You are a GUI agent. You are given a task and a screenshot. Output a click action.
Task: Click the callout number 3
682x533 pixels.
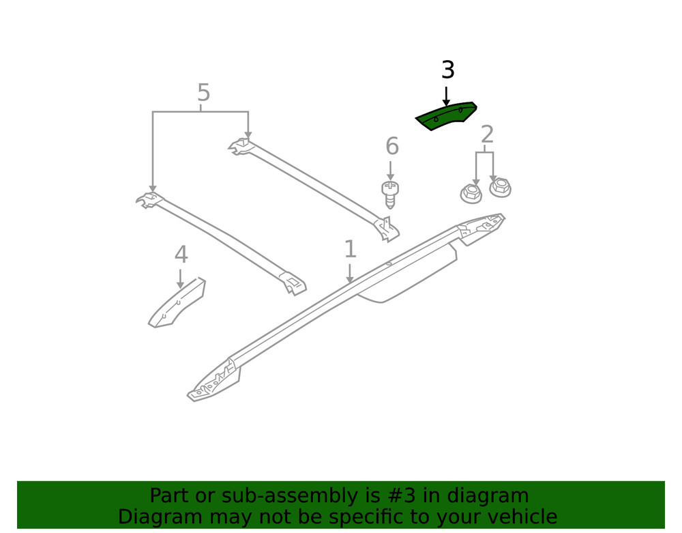[448, 70]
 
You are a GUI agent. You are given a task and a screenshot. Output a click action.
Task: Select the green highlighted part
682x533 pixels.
[446, 116]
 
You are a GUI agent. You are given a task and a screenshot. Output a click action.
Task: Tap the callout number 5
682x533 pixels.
[203, 92]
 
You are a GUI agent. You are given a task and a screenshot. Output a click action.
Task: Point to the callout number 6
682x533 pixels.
[392, 146]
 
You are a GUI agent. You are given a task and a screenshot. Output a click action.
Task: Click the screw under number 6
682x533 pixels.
[390, 195]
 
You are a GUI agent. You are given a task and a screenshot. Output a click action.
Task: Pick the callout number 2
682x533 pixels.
[487, 134]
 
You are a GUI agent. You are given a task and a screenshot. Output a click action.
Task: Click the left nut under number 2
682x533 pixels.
[471, 193]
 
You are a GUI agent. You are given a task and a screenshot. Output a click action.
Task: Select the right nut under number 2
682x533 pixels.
[500, 188]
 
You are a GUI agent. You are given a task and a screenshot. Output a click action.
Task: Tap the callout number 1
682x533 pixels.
[350, 249]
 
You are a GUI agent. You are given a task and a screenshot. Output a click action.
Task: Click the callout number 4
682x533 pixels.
[181, 255]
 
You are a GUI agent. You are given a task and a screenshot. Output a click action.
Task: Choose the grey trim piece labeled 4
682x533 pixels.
[177, 302]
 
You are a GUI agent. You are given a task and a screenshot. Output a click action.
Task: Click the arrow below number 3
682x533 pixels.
[446, 96]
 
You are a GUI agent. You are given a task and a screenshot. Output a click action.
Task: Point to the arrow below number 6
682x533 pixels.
[391, 171]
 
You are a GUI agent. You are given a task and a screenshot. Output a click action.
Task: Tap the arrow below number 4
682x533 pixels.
[181, 278]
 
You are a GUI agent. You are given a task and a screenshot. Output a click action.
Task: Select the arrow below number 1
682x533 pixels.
[350, 273]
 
